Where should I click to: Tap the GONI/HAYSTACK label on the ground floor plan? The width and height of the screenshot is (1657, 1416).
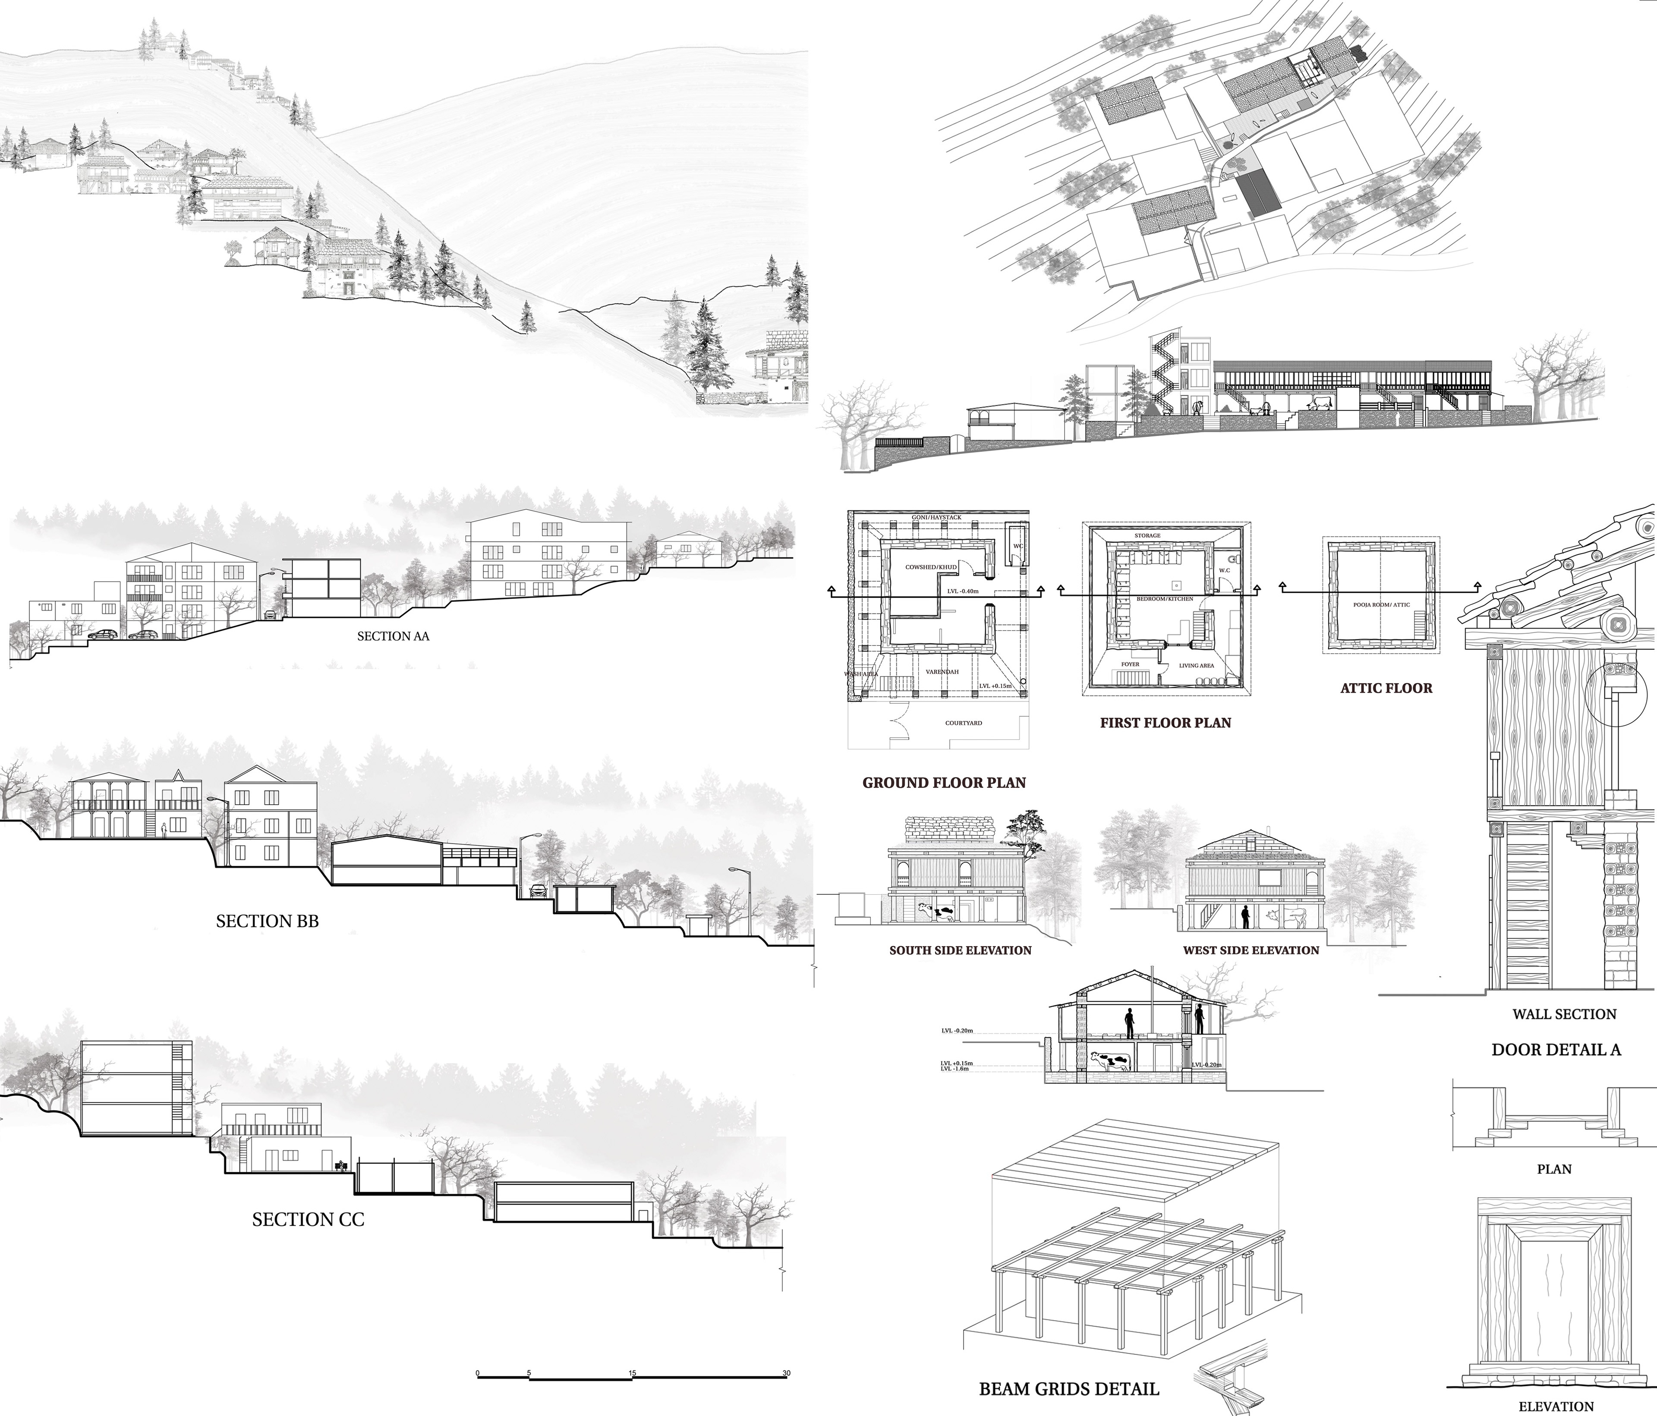[936, 517]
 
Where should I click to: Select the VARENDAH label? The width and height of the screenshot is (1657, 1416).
[942, 672]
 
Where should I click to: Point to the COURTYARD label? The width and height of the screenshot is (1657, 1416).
[964, 723]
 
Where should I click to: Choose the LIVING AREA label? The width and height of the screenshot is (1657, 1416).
[1197, 665]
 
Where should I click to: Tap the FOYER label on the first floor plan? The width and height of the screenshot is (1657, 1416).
[1130, 664]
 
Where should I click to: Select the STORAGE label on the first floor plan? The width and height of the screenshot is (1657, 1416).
[1147, 536]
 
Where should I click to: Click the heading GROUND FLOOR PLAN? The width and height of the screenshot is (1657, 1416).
[944, 783]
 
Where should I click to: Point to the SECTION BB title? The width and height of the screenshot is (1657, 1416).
[267, 921]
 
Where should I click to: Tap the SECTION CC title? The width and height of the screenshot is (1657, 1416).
[308, 1219]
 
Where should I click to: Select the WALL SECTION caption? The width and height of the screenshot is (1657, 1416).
[1564, 1014]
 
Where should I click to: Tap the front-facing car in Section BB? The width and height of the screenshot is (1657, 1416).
[537, 890]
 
